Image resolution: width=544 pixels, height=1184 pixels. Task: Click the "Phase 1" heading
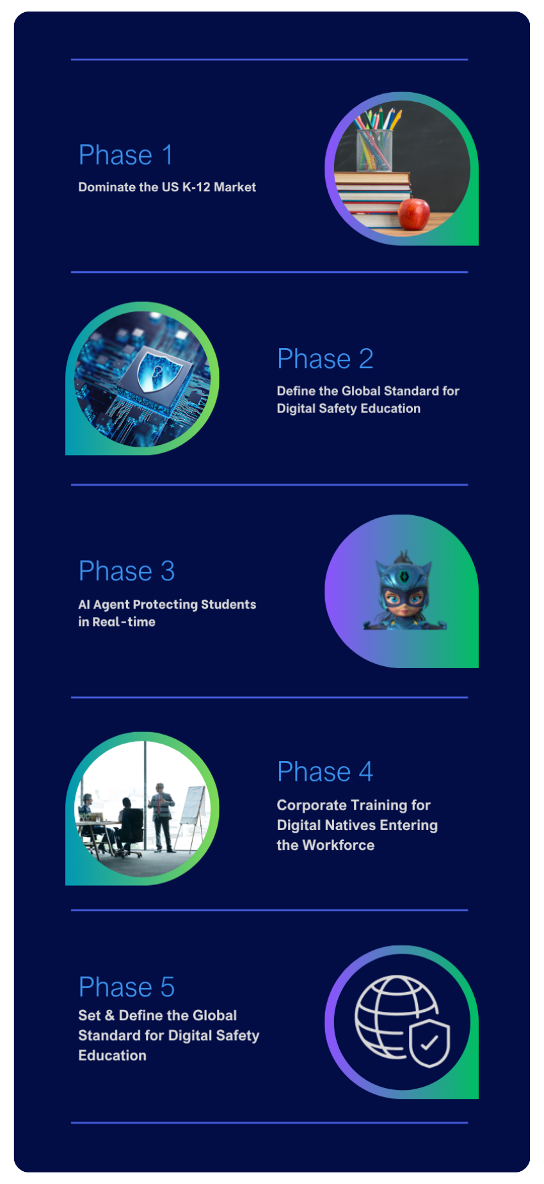point(125,155)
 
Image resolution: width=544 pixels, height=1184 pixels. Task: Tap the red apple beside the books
point(414,214)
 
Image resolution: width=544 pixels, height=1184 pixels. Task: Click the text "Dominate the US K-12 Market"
point(167,187)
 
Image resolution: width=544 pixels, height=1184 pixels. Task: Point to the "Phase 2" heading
point(325,358)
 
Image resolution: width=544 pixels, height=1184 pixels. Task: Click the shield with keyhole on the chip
point(156,371)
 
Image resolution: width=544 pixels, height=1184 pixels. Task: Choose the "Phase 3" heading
point(127,571)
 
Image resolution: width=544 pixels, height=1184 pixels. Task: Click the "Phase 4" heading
point(325,771)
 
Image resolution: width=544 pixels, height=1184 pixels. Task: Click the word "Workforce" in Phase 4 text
point(339,845)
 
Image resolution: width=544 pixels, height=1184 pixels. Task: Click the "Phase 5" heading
point(127,987)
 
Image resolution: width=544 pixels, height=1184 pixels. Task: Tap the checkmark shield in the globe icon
point(429,1043)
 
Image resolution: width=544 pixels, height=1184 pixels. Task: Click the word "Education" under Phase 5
point(112,1055)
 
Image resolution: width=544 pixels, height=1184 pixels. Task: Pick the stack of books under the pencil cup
point(373,198)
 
